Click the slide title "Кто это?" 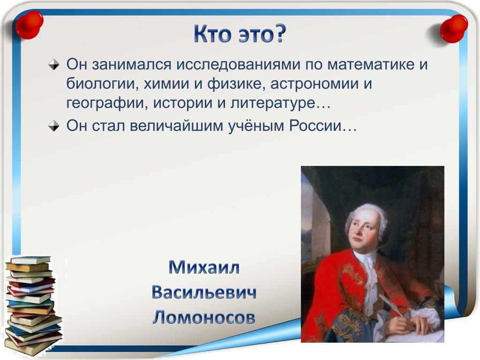pyautogui.click(x=240, y=34)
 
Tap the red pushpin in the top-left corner pyautogui.click(x=29, y=25)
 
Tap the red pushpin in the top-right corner pyautogui.click(x=454, y=29)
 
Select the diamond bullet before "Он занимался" pyautogui.click(x=54, y=64)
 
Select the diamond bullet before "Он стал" pyautogui.click(x=54, y=126)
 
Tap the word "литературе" pyautogui.click(x=272, y=103)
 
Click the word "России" pyautogui.click(x=315, y=126)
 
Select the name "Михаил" pyautogui.click(x=204, y=267)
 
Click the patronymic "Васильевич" pyautogui.click(x=204, y=292)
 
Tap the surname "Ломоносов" pyautogui.click(x=204, y=317)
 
